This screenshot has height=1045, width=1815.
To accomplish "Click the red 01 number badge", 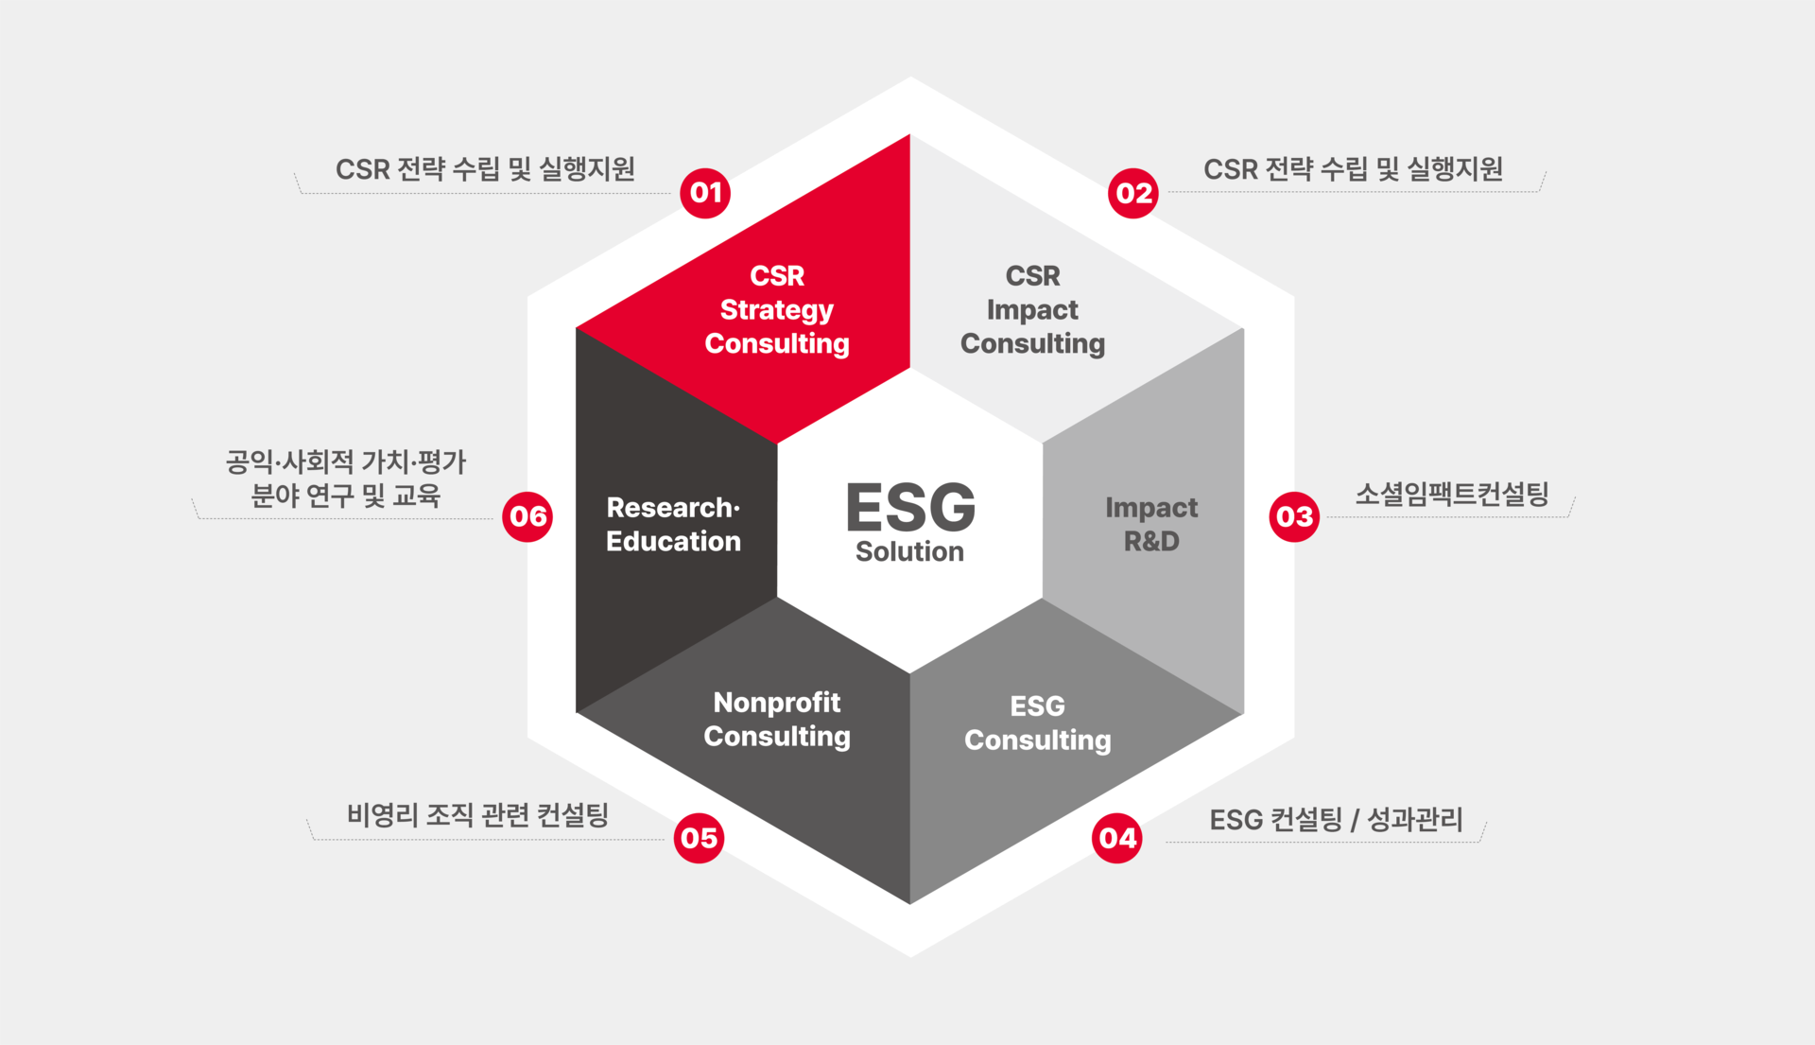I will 705,193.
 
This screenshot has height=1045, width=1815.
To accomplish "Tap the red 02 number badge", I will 1132,193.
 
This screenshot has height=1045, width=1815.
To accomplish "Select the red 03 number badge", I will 1294,516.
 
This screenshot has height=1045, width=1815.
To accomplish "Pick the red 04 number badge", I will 1116,838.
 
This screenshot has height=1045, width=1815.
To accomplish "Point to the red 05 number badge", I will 699,838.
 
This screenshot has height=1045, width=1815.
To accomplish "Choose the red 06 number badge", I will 527,516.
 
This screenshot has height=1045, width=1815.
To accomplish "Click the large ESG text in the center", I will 909,507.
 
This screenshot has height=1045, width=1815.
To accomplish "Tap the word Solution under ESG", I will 909,551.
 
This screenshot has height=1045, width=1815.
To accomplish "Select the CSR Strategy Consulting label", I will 777,309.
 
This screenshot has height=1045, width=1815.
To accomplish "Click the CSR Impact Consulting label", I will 1032,309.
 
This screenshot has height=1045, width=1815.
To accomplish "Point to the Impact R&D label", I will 1151,524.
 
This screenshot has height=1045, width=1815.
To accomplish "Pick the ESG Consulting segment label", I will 1037,723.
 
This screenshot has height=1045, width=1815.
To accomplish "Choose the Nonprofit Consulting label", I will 777,719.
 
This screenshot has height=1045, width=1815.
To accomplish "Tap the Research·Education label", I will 673,524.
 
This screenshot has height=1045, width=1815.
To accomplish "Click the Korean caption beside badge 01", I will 485,169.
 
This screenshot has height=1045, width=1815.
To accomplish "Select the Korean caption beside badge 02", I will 1353,169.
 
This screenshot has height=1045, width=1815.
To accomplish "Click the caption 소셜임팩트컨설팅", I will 1452,494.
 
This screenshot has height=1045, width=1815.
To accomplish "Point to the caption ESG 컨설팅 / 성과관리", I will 1336,819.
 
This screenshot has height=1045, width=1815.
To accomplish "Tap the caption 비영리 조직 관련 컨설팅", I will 477,815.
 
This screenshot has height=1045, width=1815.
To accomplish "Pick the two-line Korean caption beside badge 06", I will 346,479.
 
